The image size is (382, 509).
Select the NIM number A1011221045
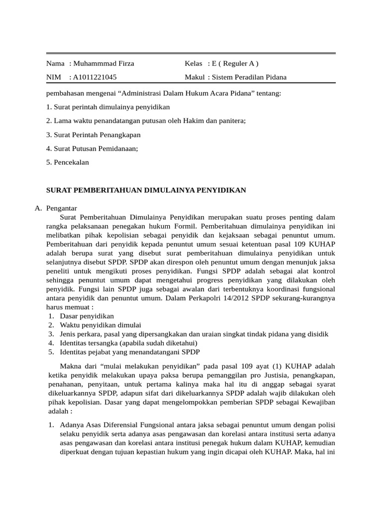coord(95,77)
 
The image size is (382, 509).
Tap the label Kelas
coord(193,64)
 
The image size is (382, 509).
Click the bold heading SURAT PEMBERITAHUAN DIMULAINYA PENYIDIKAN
coord(146,190)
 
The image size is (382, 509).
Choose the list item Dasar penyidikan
coord(87,316)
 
